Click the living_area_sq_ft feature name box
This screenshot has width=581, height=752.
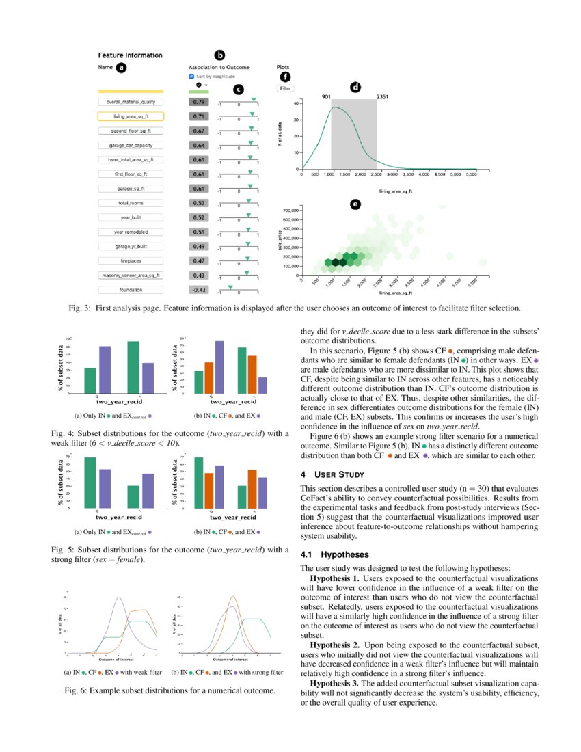[x=131, y=116]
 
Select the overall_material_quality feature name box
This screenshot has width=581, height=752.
[x=131, y=102]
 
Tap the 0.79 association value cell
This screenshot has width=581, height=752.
[x=199, y=102]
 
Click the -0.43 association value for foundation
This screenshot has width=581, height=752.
[x=199, y=290]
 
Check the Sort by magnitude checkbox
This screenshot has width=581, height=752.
[x=191, y=77]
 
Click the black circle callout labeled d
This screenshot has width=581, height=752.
[x=355, y=87]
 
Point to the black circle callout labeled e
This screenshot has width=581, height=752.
[x=355, y=204]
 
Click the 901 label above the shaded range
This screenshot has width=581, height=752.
[x=326, y=97]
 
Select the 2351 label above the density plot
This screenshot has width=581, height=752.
[x=383, y=97]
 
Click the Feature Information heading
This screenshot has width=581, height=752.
[x=130, y=55]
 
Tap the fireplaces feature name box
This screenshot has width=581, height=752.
[x=131, y=261]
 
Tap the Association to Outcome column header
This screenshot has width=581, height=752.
[x=219, y=68]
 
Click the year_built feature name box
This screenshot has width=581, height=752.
[x=131, y=217]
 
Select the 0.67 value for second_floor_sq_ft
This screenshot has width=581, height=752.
[x=199, y=131]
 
